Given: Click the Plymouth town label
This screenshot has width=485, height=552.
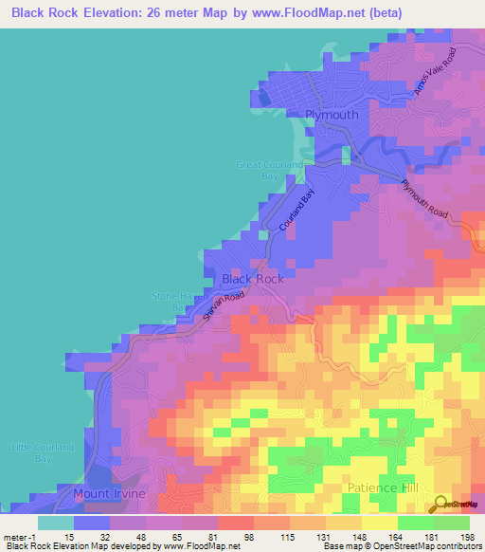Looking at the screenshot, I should pos(332,115).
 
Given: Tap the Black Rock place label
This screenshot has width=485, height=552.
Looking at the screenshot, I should pos(252,279).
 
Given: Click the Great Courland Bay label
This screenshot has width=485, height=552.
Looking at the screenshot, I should pos(270,171).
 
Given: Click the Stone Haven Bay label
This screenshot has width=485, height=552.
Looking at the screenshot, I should pos(177,302).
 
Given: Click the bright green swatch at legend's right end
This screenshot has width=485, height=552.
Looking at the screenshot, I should pos(452,523).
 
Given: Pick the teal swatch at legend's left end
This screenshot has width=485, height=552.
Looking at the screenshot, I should pos(56,523).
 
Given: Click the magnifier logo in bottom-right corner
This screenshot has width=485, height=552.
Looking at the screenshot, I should pos(440,506).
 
